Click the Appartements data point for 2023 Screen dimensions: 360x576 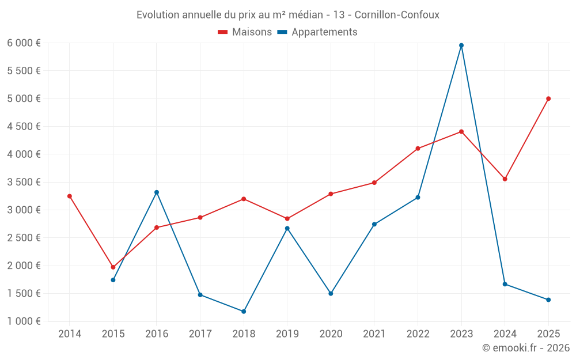[461, 46]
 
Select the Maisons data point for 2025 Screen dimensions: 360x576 [548, 98]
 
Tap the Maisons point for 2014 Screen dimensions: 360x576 [70, 196]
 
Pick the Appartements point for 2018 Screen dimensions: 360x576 [244, 312]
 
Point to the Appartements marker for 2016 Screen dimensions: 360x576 [157, 192]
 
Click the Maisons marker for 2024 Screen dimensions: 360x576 [505, 179]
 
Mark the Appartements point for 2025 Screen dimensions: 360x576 [548, 300]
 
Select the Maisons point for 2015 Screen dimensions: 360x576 [113, 267]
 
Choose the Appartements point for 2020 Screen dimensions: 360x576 [331, 294]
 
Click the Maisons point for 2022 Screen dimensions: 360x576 [418, 149]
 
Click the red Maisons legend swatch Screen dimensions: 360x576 [223, 32]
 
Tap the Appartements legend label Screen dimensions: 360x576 [324, 32]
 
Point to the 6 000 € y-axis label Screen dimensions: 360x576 [24, 43]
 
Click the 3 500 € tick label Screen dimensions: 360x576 [24, 182]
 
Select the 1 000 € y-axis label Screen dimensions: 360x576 [24, 321]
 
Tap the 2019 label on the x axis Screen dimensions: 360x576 [287, 334]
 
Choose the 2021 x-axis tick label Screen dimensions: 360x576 [374, 334]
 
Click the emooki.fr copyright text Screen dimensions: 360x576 [526, 348]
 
